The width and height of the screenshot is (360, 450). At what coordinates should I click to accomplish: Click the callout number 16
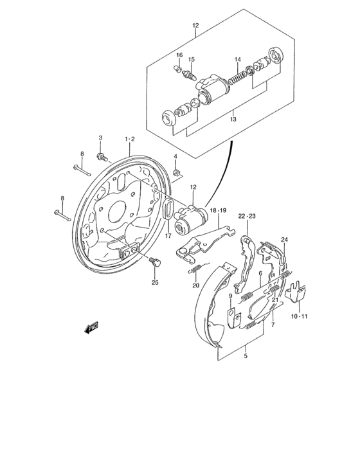pyautogui.click(x=180, y=54)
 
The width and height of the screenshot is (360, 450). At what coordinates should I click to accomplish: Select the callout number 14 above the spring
pyautogui.click(x=237, y=60)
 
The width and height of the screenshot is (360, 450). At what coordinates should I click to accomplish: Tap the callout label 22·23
pyautogui.click(x=247, y=216)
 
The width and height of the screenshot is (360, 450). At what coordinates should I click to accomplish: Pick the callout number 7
pyautogui.click(x=273, y=326)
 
